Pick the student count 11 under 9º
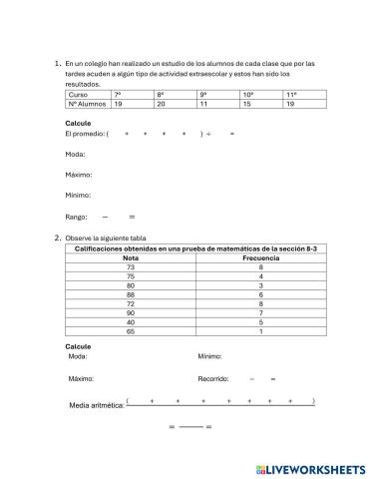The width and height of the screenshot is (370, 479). click(x=203, y=103)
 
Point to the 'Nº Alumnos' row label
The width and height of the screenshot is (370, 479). click(x=84, y=103)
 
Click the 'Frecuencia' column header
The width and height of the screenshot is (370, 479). click(x=260, y=258)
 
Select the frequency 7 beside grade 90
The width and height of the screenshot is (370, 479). click(x=260, y=312)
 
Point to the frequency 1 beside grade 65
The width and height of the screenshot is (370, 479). click(x=260, y=330)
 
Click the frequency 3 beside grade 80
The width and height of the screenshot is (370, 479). click(x=260, y=285)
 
